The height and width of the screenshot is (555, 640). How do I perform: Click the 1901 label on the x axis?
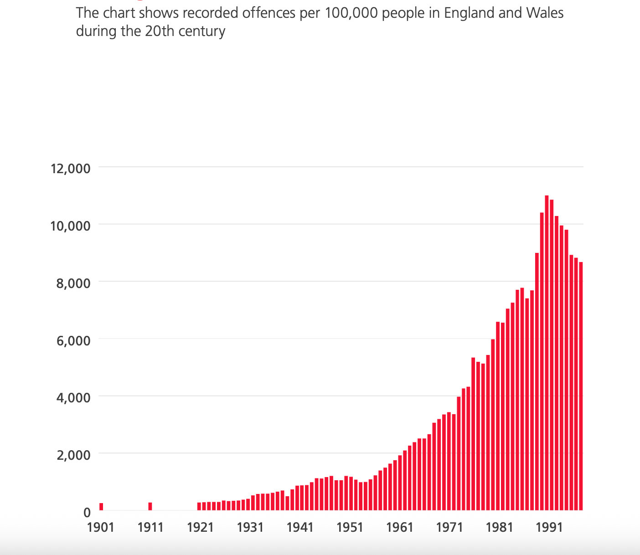point(100,527)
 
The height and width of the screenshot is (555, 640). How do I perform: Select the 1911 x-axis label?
point(150,527)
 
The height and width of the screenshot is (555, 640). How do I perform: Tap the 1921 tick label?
point(200,527)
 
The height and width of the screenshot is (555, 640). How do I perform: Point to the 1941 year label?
point(300,527)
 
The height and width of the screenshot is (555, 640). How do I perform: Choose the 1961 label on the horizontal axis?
point(400,527)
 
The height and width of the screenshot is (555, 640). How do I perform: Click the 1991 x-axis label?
point(549,527)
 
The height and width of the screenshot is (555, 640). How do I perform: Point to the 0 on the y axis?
point(87,512)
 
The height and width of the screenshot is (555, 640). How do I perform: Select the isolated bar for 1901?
point(101,507)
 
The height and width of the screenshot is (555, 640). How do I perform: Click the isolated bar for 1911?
point(150,506)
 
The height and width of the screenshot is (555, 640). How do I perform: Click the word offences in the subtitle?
point(269,13)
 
